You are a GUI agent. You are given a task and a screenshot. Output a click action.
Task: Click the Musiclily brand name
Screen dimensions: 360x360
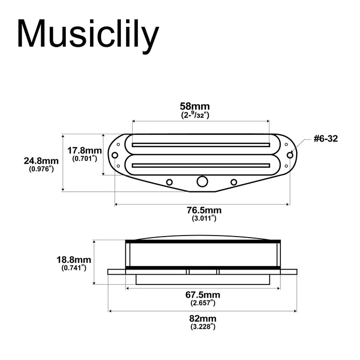tap(87, 35)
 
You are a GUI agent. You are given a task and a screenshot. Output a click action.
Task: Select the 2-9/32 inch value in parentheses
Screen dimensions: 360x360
tap(195, 116)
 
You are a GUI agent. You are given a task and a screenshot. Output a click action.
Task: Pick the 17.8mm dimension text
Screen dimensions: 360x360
tap(85, 150)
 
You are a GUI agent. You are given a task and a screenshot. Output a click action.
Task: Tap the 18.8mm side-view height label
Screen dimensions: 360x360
tap(74, 260)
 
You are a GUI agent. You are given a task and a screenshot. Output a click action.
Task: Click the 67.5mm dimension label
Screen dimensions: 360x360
tap(203, 295)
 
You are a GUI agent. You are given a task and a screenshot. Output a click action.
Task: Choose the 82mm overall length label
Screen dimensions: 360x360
tap(203, 319)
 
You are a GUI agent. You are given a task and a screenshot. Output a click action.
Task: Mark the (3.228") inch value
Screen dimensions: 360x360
tap(203, 328)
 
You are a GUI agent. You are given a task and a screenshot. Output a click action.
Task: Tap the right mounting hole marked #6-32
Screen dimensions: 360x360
tap(290, 154)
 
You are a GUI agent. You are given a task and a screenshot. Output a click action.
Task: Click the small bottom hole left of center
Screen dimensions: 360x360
tap(169, 181)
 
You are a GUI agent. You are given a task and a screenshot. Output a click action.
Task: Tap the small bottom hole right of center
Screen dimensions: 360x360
tap(234, 181)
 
